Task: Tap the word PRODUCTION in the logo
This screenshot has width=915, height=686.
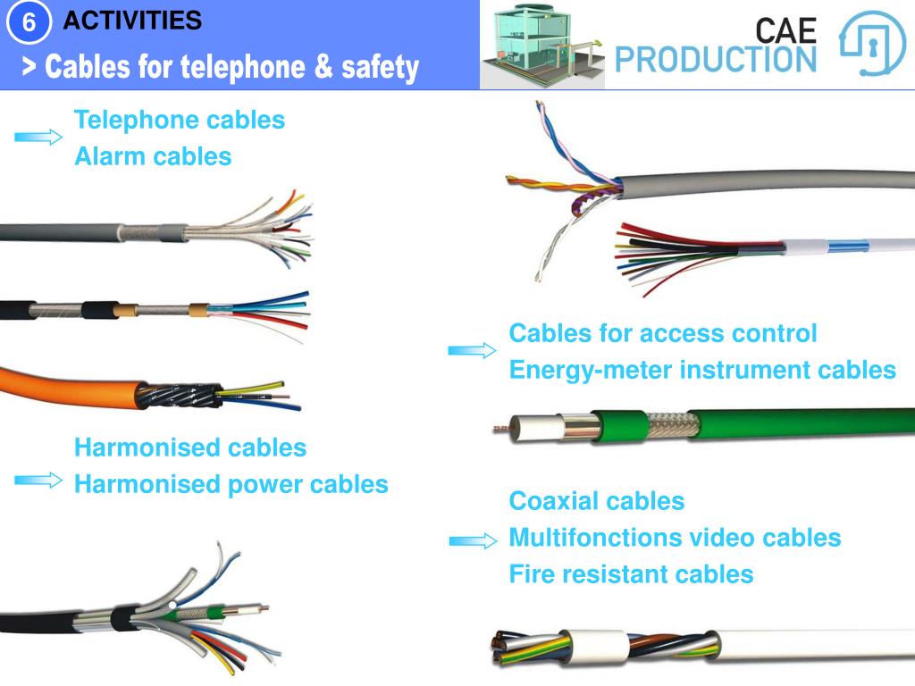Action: click(x=716, y=59)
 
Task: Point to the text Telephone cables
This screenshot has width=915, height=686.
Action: click(x=180, y=120)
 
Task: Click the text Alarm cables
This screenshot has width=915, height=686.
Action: click(x=153, y=157)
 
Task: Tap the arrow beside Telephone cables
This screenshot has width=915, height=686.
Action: click(x=38, y=137)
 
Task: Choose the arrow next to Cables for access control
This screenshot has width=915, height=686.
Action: click(x=471, y=351)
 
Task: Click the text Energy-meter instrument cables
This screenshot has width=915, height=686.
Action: click(x=702, y=370)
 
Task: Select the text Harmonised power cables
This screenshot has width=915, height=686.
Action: click(x=231, y=484)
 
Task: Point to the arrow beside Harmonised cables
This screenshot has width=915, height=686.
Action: click(x=38, y=481)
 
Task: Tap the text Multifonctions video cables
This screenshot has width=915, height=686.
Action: click(x=675, y=538)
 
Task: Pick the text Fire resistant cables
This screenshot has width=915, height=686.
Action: click(x=631, y=574)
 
